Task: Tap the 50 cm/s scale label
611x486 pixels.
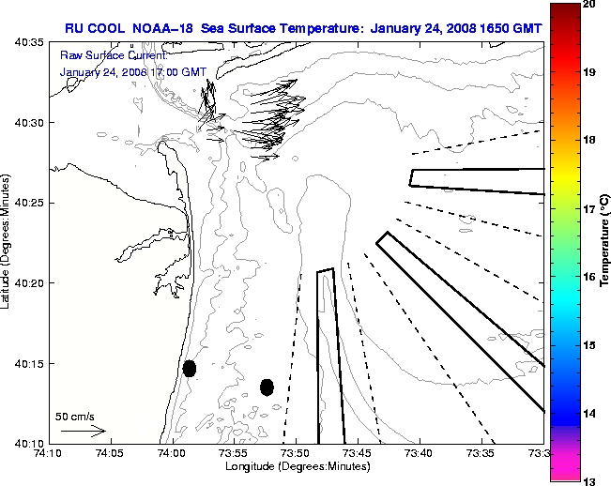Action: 74,416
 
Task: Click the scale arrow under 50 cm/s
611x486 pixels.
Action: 84,431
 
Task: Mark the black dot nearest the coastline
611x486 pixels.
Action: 190,368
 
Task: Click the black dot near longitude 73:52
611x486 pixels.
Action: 267,387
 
